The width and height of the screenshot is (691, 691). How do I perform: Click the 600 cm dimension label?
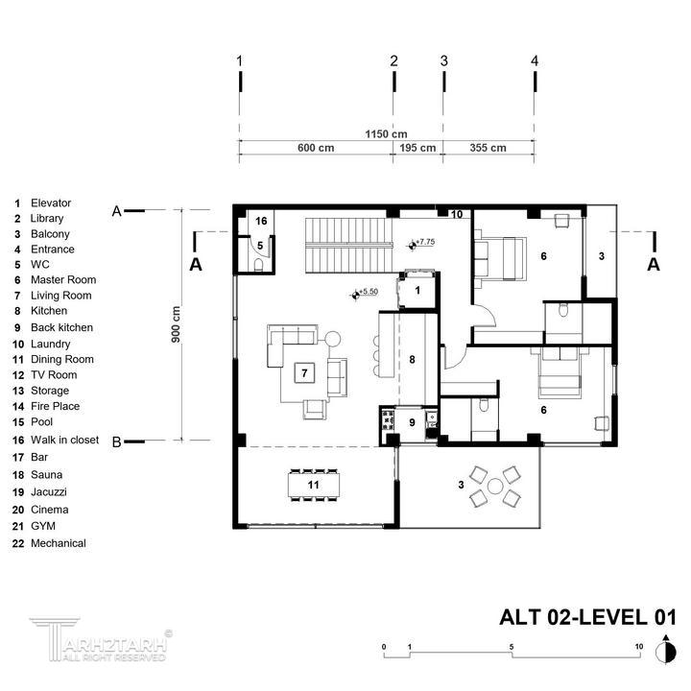click(x=316, y=148)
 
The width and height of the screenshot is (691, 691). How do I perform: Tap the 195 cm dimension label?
click(x=417, y=148)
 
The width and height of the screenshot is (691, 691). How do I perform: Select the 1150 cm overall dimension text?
click(x=386, y=134)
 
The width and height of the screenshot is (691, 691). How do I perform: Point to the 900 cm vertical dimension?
click(x=176, y=324)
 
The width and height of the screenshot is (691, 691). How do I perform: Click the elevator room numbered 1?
click(x=417, y=291)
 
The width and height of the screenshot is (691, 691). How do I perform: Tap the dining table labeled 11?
click(x=313, y=485)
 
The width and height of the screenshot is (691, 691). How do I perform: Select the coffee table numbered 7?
click(x=304, y=373)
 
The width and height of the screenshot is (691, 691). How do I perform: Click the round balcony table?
click(x=495, y=487)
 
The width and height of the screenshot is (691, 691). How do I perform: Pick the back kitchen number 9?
click(x=412, y=422)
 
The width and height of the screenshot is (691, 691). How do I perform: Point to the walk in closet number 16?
click(x=261, y=221)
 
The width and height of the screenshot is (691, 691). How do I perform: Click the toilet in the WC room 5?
click(x=259, y=265)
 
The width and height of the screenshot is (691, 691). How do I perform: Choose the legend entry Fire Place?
click(x=55, y=406)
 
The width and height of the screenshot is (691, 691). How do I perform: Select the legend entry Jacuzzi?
click(x=49, y=491)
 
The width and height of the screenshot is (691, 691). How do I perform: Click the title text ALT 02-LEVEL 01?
click(x=587, y=617)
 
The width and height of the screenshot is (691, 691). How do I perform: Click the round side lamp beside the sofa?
click(x=333, y=340)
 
